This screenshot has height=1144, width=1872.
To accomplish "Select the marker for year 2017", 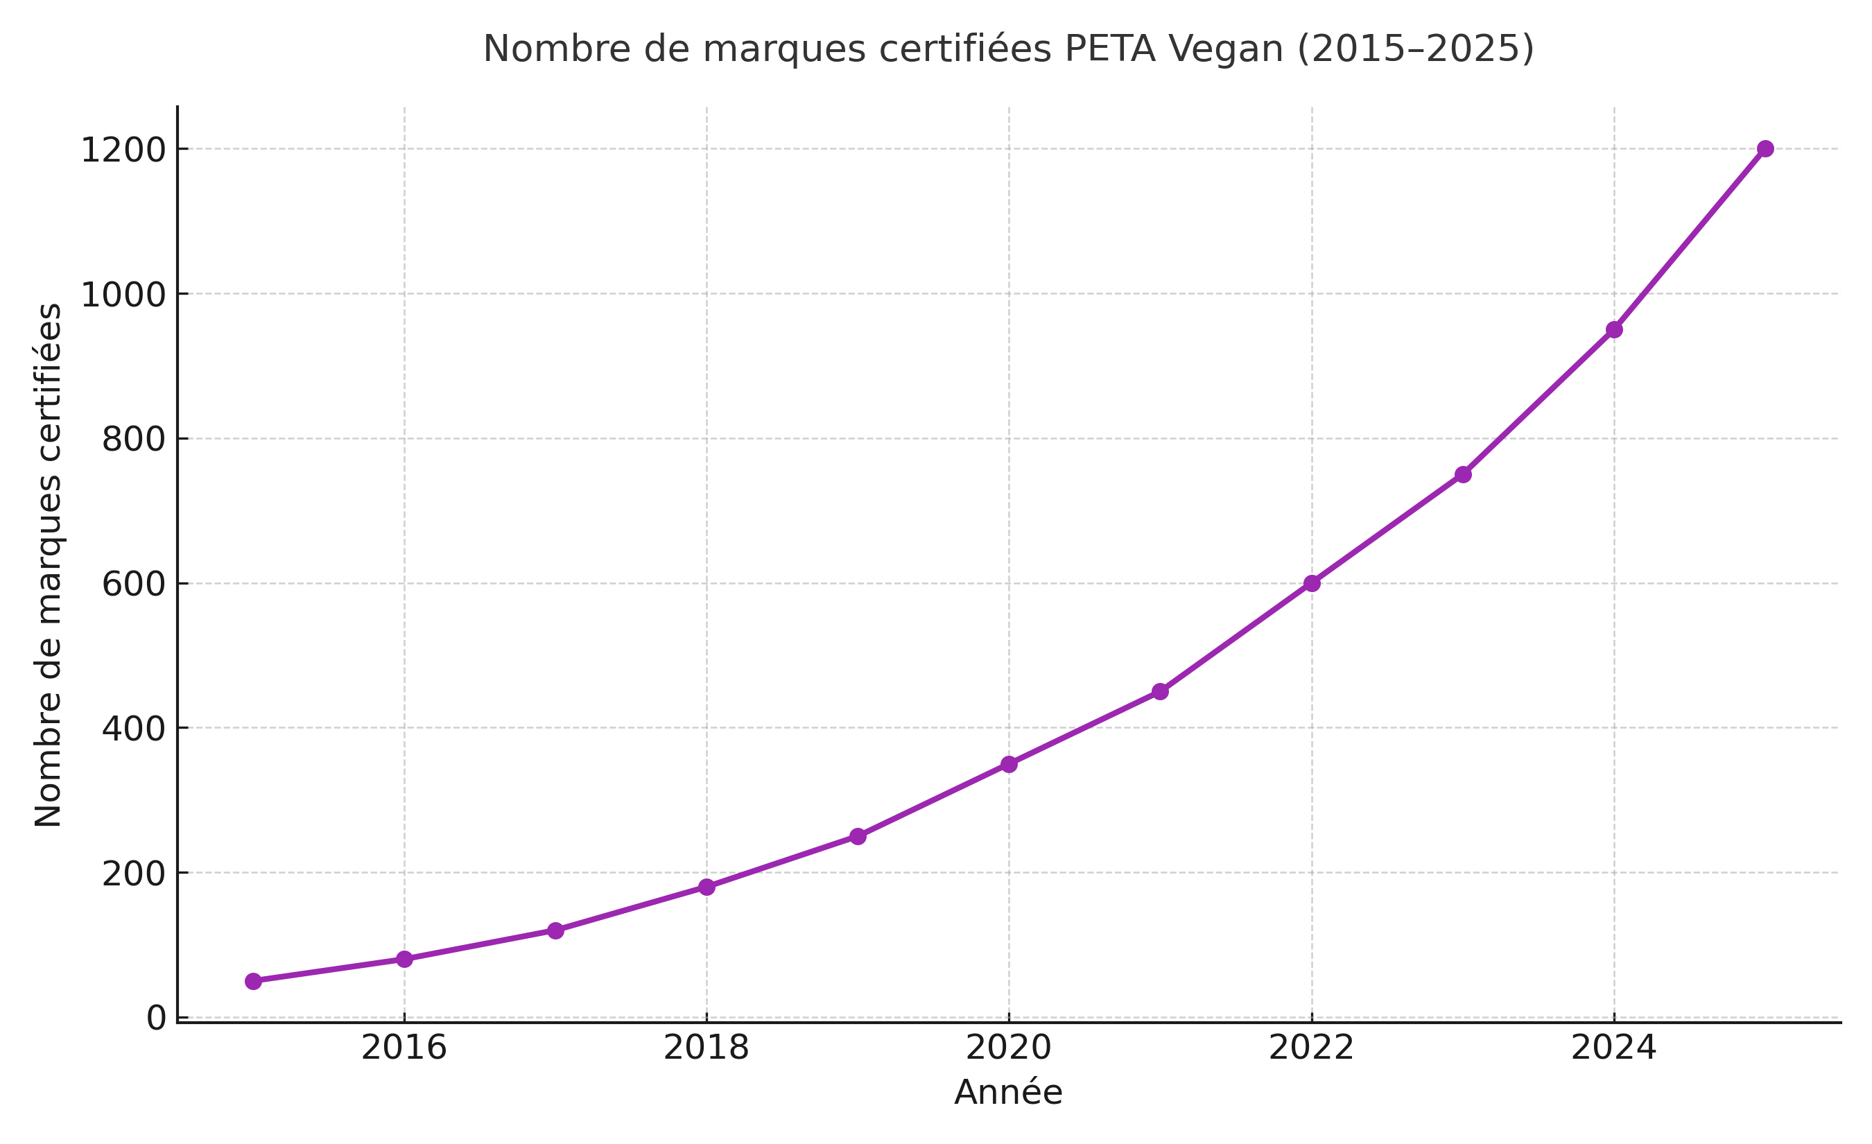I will (555, 930).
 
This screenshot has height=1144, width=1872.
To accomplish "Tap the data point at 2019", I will (858, 836).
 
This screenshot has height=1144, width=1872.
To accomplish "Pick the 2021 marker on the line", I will (1160, 691).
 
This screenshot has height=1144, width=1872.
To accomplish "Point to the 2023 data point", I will (1463, 475).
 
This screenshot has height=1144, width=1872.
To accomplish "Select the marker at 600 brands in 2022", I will (1312, 583).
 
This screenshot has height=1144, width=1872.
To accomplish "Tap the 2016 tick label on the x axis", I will (404, 1049).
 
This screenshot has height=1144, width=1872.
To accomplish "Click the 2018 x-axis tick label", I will (706, 1049).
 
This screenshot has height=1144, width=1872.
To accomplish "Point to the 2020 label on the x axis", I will (1008, 1049).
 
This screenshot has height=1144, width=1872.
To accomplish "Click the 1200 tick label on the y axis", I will (123, 150).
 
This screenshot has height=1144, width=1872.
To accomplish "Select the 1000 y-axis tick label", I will (123, 295).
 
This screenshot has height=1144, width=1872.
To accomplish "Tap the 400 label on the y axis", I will (134, 729).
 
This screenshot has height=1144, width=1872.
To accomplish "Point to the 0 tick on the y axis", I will (157, 1018).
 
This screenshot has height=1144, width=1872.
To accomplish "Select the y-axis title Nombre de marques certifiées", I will (49, 565).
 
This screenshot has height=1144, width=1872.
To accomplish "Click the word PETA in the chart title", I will (1109, 49).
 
